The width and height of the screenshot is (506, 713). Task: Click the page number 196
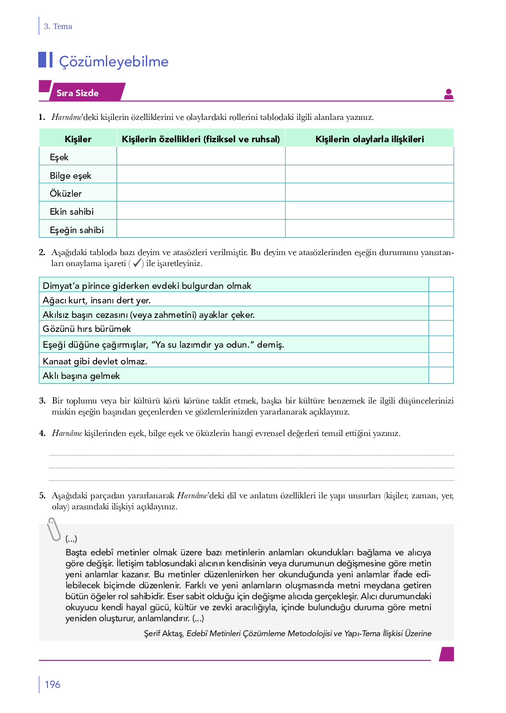52,684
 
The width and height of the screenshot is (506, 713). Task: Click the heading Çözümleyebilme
113,61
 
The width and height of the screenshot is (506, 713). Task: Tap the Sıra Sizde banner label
78,93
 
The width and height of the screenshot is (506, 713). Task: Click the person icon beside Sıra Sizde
448,94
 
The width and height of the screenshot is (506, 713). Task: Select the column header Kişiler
78,139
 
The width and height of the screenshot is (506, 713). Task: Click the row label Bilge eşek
70,176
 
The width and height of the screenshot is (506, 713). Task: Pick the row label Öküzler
65,194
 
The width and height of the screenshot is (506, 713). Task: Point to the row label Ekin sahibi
72,212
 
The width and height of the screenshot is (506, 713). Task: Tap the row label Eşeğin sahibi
76,230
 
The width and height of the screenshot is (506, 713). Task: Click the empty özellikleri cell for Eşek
201,156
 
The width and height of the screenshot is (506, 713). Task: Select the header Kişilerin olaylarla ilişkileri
369,139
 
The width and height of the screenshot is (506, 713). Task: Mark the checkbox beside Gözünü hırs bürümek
441,328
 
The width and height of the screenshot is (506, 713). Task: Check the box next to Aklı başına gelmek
441,375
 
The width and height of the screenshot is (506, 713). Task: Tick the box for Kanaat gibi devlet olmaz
441,360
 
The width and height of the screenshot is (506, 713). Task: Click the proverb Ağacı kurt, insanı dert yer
97,300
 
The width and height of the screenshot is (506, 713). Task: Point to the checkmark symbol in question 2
137,263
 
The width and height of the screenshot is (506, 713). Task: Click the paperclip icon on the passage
54,529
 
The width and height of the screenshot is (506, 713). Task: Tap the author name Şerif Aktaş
163,634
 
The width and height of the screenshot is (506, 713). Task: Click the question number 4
42,433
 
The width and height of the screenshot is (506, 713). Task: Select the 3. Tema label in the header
58,26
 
